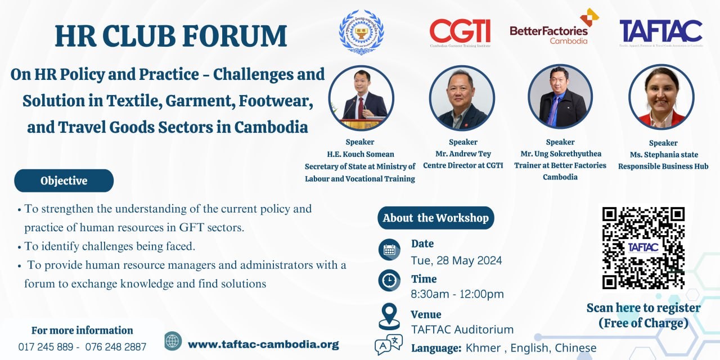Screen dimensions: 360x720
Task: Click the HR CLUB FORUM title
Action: point(171,35)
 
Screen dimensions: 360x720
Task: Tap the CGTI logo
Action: point(460,33)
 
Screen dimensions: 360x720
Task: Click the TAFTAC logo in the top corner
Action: point(661,33)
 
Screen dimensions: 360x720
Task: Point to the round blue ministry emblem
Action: point(361,33)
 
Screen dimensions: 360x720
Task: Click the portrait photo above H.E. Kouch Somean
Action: point(361,98)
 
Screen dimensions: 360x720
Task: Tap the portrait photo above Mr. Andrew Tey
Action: point(462,98)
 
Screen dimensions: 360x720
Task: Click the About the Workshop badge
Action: point(435,218)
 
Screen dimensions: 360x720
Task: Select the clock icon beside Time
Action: point(389,280)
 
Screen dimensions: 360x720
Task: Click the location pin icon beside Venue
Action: point(389,316)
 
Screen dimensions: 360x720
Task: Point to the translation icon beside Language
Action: point(389,344)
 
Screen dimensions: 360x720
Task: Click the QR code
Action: point(643,247)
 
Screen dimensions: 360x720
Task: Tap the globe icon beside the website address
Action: point(173,341)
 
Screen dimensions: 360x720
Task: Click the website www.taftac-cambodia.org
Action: point(263,344)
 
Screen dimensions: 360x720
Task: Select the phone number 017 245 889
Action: point(46,346)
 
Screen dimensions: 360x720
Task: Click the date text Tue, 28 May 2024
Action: point(456,260)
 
